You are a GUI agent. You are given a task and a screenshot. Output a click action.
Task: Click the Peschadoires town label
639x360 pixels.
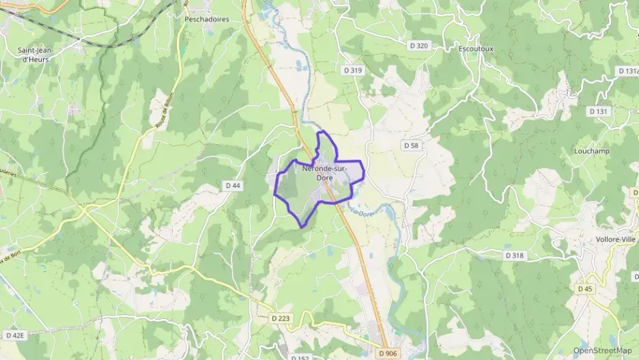pyautogui.click(x=206, y=20)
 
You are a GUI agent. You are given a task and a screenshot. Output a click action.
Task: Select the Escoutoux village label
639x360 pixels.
pyautogui.click(x=477, y=50)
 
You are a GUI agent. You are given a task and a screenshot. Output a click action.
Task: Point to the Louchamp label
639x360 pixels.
pyautogui.click(x=591, y=150)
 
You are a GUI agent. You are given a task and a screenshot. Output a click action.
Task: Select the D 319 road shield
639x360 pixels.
pyautogui.click(x=354, y=70)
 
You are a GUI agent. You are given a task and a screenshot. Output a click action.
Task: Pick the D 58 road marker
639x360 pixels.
pyautogui.click(x=411, y=146)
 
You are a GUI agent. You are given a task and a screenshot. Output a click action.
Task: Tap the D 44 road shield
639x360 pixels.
pyautogui.click(x=233, y=186)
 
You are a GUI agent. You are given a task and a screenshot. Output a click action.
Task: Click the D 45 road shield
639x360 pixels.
pyautogui.click(x=585, y=289)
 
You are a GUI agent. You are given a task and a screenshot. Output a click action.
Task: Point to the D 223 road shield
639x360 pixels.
pyautogui.click(x=280, y=318)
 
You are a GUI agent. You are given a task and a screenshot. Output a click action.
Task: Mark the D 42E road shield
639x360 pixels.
pyautogui.click(x=14, y=335)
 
